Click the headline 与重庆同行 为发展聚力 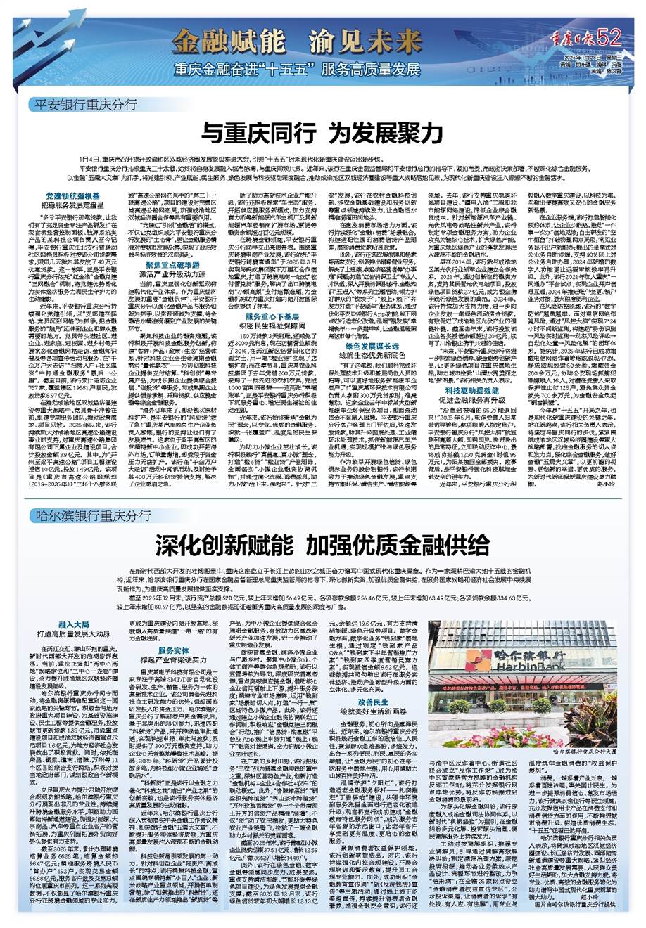click(x=323, y=131)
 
